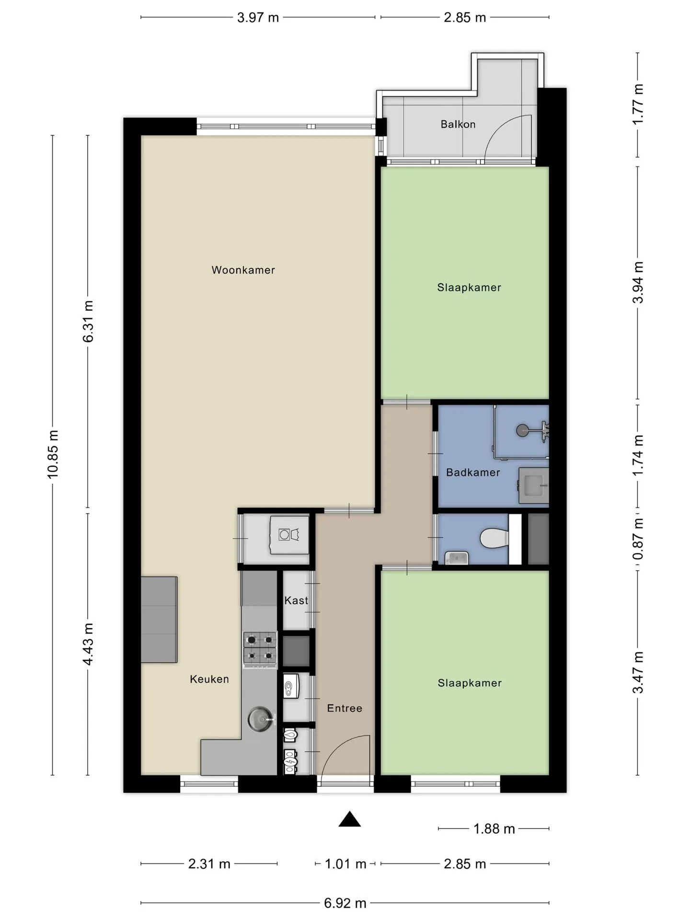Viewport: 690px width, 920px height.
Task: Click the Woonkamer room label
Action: coord(243,270)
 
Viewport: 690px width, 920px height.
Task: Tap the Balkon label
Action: coord(458,124)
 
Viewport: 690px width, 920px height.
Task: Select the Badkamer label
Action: coord(473,472)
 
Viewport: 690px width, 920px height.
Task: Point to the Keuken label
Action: coord(209,679)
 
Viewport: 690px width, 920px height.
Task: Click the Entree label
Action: coord(345,708)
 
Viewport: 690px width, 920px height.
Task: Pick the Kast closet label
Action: coord(296,600)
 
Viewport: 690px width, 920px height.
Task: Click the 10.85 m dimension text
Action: coord(53,454)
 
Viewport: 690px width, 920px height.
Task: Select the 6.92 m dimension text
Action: coord(345,903)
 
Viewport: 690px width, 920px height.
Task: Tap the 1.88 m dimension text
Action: coord(494,828)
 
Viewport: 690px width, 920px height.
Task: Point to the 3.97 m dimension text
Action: coord(258,18)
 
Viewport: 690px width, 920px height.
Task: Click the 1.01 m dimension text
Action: coord(345,864)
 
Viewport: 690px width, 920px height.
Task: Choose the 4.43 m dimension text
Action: coord(88,644)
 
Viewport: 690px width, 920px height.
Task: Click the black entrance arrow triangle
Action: coord(350,819)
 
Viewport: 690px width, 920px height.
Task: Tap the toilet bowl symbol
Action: coord(494,539)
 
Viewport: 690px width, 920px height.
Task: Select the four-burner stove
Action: coord(260,649)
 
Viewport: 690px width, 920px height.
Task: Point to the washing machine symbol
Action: coord(289,534)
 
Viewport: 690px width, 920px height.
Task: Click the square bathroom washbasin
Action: coord(534,486)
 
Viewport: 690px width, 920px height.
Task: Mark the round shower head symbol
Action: coord(524,430)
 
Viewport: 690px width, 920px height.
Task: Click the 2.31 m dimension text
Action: coord(209,864)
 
